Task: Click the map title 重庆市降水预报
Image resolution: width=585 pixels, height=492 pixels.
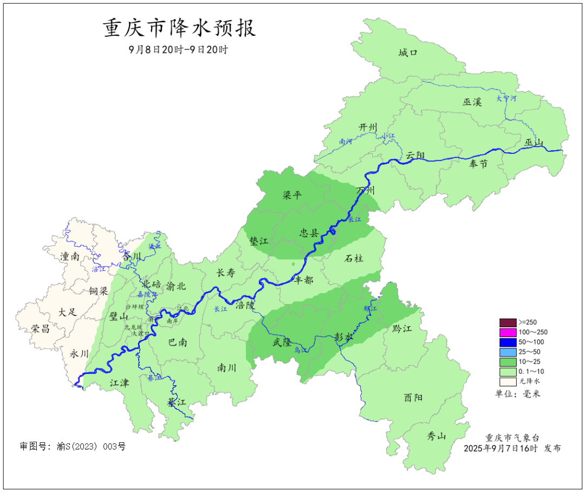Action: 179,28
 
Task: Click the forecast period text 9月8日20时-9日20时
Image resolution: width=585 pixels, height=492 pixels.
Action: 178,49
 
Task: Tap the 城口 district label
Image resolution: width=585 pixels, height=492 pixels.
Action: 408,53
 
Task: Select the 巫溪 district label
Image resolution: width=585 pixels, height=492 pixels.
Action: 472,101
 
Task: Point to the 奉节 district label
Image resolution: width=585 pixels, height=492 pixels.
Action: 478,164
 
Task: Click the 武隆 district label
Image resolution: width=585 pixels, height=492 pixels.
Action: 283,342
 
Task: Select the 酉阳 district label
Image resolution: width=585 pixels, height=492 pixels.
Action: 413,398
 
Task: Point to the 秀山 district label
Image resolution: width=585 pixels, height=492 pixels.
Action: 437,436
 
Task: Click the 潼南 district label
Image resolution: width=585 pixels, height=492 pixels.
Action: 70,256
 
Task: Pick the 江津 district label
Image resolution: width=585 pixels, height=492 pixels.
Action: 119,383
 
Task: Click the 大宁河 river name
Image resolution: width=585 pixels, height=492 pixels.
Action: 506,99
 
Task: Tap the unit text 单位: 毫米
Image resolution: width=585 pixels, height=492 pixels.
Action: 517,393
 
